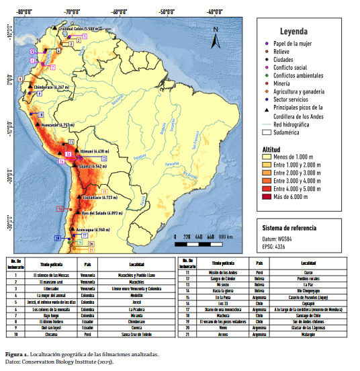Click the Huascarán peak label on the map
[56, 125]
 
